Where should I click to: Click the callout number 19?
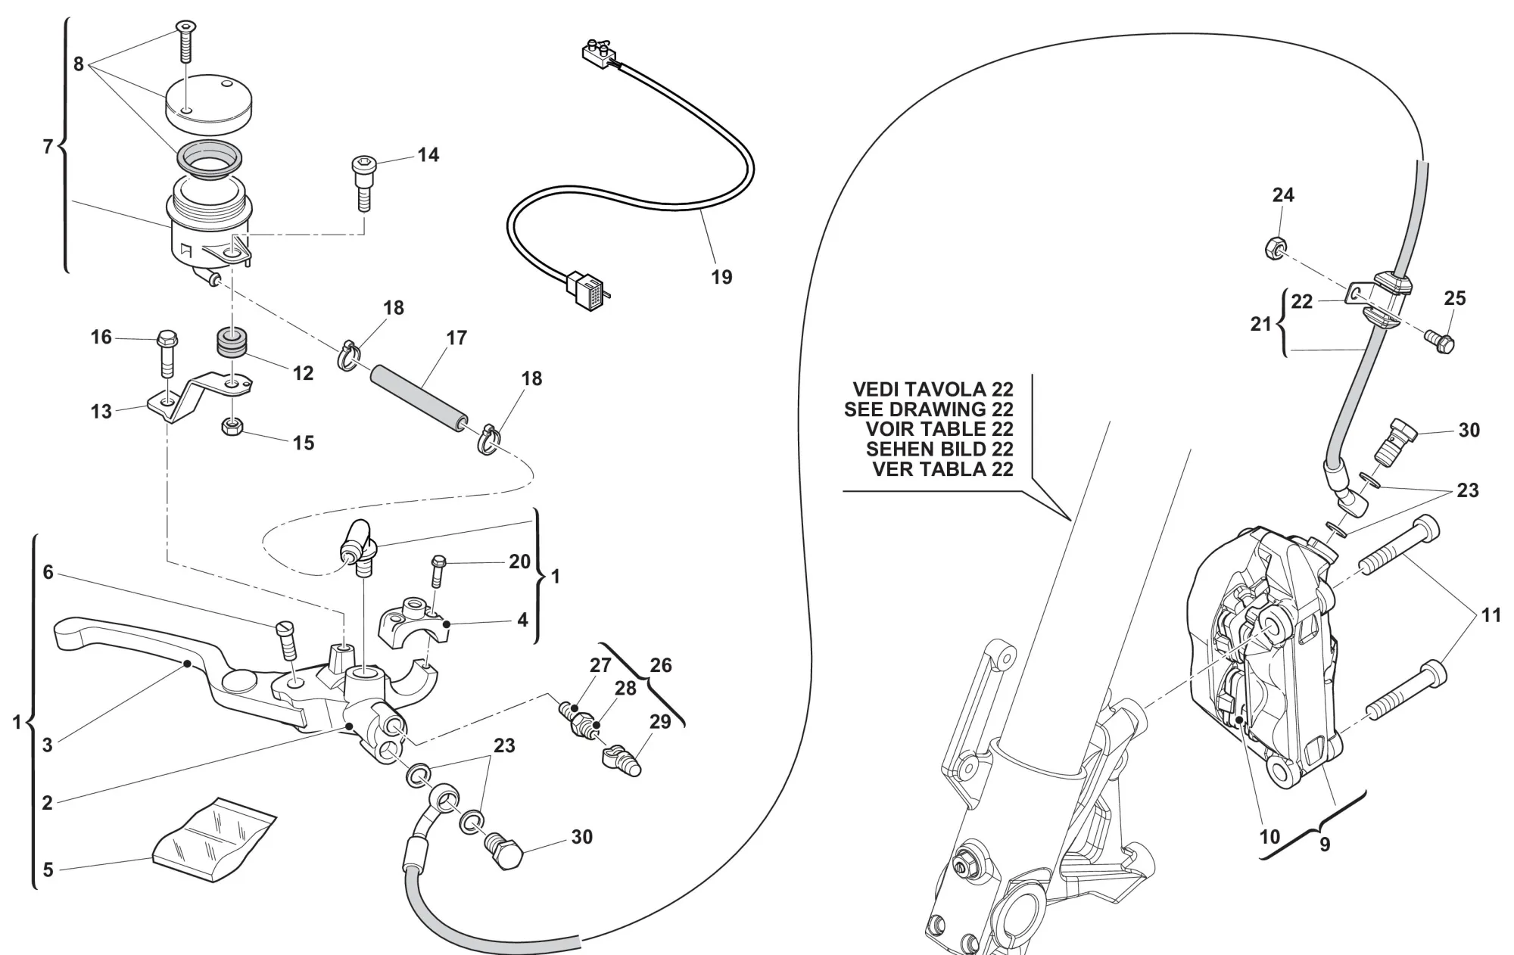[x=721, y=277]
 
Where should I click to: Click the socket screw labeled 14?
[x=363, y=182]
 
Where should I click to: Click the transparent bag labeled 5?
[x=213, y=840]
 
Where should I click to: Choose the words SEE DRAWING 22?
[x=928, y=409]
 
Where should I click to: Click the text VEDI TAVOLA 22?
[x=933, y=389]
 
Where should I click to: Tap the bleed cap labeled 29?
[x=622, y=759]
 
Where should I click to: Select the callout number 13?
[x=101, y=412]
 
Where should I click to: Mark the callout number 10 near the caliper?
[x=1269, y=836]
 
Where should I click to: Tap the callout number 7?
[x=48, y=146]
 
